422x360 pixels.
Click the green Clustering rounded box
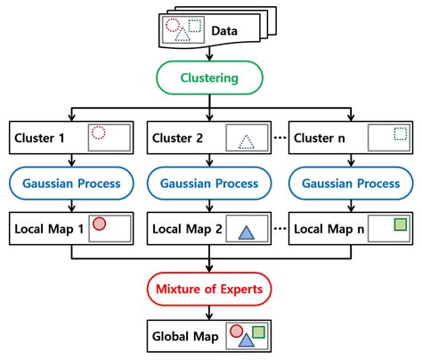click(x=210, y=78)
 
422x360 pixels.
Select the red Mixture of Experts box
click(x=210, y=290)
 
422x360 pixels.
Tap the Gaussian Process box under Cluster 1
click(x=71, y=183)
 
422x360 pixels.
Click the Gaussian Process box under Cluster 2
click(x=210, y=183)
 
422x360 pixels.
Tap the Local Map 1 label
click(x=47, y=228)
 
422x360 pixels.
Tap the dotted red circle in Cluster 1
click(x=99, y=134)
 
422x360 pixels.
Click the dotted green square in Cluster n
click(x=401, y=134)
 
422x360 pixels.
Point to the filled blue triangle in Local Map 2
click(x=246, y=233)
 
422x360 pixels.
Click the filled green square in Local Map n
click(x=401, y=224)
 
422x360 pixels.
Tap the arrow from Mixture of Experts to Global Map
click(x=210, y=313)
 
